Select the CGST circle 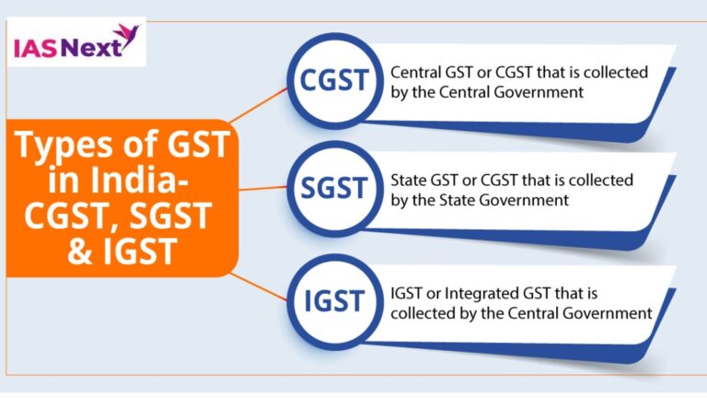pos(336,80)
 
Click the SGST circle pos(336,190)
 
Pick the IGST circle pos(336,301)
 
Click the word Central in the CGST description pos(416,71)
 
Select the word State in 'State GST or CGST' pos(409,181)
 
